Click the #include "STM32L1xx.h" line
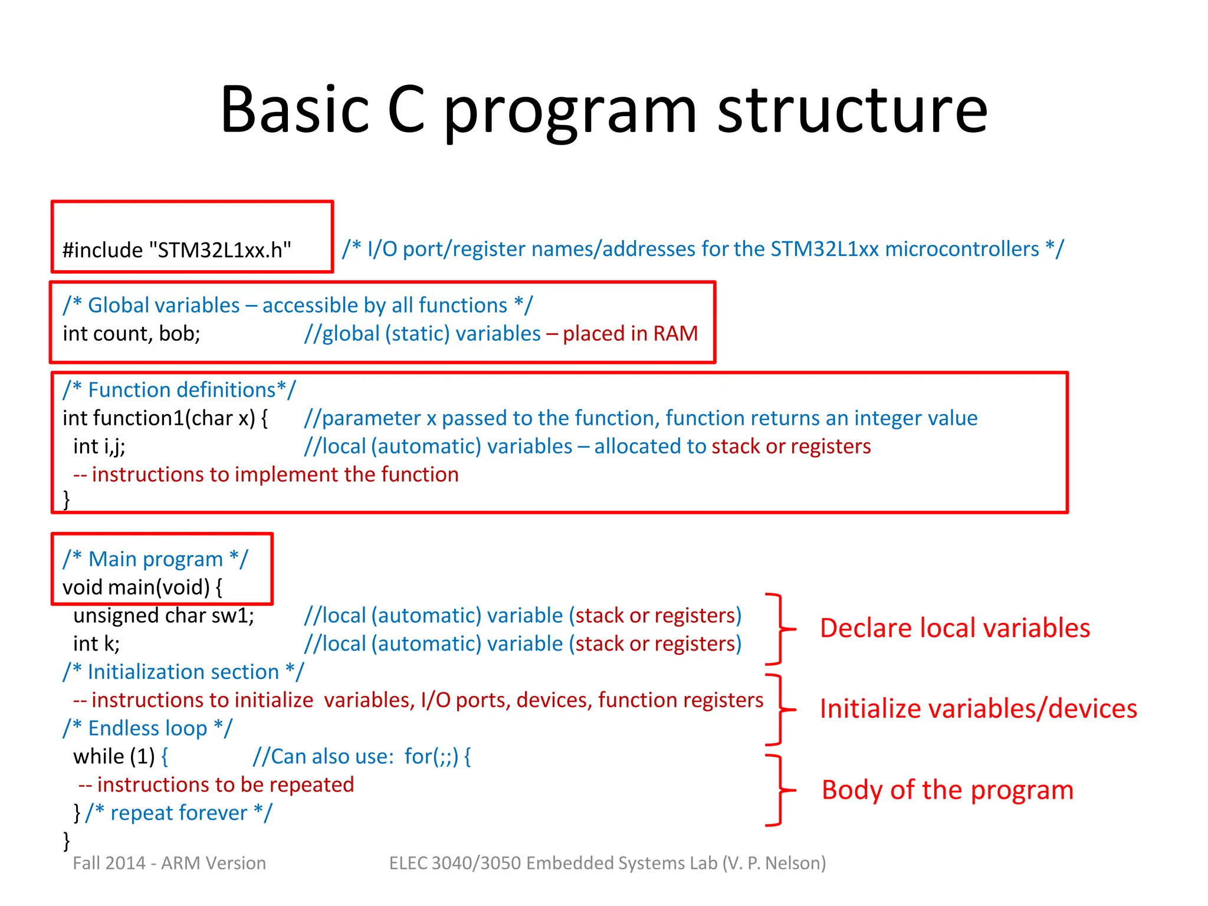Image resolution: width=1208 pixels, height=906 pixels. click(177, 250)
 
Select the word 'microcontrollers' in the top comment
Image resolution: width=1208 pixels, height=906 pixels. click(962, 249)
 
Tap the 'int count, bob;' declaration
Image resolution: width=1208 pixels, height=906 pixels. click(132, 334)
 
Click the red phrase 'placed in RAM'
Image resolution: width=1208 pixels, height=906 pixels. click(629, 334)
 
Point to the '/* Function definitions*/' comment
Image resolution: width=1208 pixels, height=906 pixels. click(179, 390)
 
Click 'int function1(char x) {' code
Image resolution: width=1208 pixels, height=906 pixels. click(165, 418)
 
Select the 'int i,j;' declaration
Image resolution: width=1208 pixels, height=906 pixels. click(99, 447)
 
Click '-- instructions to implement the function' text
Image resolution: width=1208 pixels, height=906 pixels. click(265, 475)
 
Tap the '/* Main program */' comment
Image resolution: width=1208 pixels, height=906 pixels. click(156, 559)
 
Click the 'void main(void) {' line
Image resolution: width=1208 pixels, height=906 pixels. click(142, 587)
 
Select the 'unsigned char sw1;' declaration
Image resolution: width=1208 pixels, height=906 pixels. click(163, 616)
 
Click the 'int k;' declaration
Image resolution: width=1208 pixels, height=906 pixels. click(96, 644)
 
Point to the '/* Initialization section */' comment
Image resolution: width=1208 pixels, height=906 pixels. click(183, 672)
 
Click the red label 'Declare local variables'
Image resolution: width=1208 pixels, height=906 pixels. click(954, 628)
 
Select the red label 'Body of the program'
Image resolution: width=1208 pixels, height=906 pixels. click(947, 790)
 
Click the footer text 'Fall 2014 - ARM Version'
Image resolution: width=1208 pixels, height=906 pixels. click(169, 864)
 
